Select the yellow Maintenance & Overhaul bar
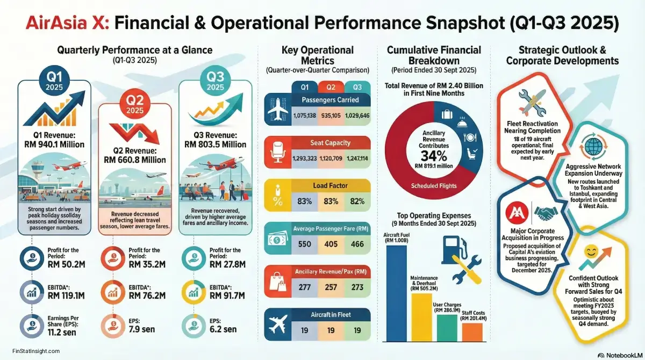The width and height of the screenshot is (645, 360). [421, 318]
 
